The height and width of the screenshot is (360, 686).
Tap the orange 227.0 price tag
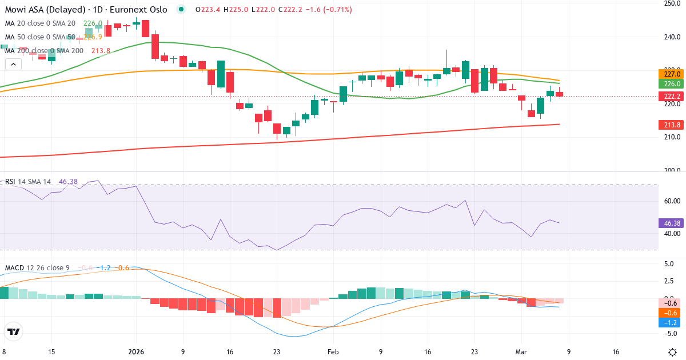tap(672, 74)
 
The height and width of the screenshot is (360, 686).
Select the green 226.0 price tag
tap(672, 83)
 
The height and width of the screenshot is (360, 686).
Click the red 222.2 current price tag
tap(672, 96)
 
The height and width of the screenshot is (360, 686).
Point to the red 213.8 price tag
tap(672, 125)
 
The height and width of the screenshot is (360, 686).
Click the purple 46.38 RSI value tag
tap(672, 223)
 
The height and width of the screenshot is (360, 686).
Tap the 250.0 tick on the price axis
tap(671, 4)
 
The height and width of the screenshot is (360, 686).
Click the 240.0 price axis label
tap(671, 37)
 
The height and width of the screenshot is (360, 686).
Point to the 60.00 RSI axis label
tap(671, 201)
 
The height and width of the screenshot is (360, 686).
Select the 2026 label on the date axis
tap(136, 352)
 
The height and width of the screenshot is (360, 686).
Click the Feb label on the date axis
tap(334, 352)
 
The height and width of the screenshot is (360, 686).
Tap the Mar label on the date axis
tap(521, 352)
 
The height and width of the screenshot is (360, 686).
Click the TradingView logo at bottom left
tap(13, 331)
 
